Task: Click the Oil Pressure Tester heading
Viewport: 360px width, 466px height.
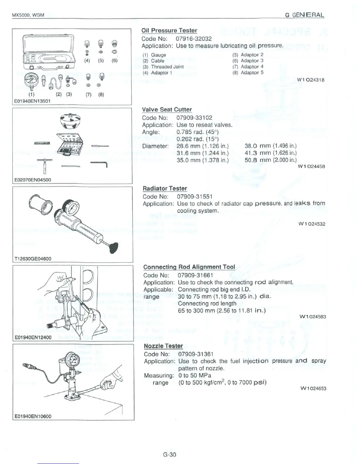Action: [169, 30]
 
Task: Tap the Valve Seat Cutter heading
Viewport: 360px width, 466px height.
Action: [167, 109]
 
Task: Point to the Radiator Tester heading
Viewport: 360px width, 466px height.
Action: [165, 188]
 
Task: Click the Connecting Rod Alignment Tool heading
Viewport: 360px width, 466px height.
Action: [189, 267]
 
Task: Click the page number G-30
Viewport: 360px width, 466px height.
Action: [169, 455]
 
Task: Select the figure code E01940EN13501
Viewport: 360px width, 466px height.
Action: [32, 101]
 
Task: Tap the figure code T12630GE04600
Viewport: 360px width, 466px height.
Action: [33, 259]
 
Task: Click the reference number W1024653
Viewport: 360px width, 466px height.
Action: [312, 388]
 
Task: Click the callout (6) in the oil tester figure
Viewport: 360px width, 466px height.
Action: [114, 61]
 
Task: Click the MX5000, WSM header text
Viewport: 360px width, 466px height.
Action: [28, 15]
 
